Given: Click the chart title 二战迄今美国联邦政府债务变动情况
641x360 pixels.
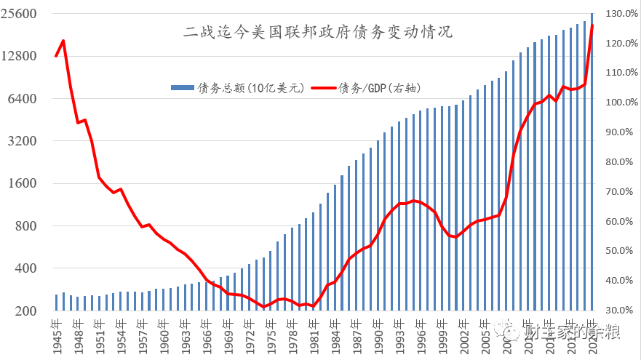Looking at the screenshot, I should point(317,31).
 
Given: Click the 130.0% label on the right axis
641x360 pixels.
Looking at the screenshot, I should point(620,14).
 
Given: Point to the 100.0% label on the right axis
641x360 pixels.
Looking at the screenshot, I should point(620,103).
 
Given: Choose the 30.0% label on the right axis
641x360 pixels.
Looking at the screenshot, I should point(620,311).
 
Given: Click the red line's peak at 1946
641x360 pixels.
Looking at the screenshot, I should point(63,41).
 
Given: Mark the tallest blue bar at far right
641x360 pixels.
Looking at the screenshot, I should point(592,160).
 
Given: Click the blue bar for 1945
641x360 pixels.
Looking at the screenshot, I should point(57,303).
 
